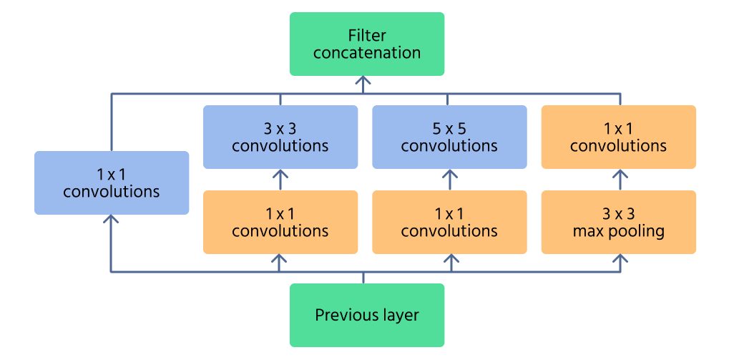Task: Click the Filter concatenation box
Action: point(367,44)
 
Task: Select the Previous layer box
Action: point(367,315)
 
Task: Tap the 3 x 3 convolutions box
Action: point(280,137)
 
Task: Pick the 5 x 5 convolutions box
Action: point(449,137)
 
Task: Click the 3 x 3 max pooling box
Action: point(618,222)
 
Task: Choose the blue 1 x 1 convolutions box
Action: point(112,183)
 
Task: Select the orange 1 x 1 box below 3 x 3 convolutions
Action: point(280,222)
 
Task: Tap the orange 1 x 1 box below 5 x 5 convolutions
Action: point(449,222)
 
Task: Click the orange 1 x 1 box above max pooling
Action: point(618,137)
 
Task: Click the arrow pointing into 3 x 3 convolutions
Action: point(280,176)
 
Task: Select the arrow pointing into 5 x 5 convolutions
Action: point(449,176)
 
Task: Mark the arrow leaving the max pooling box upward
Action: point(618,176)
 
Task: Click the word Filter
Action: point(367,35)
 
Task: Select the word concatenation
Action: point(367,53)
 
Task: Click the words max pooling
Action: point(618,231)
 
